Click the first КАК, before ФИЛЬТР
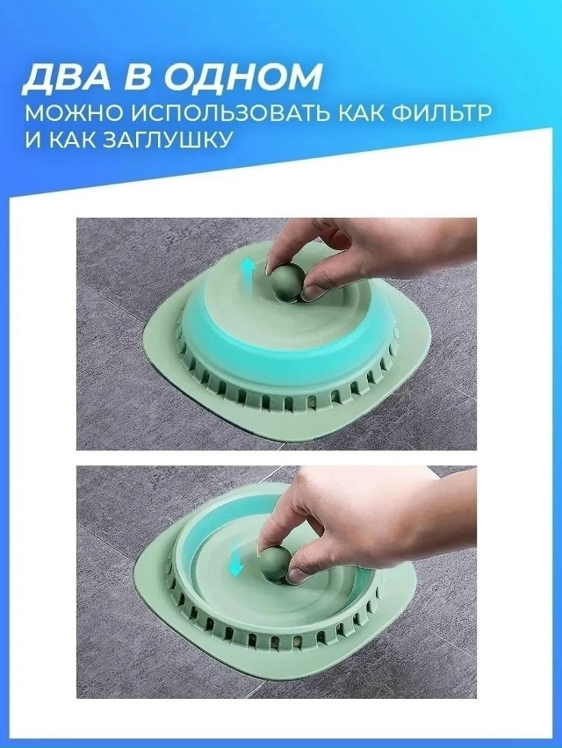(350, 114)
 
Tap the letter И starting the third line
(32, 140)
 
